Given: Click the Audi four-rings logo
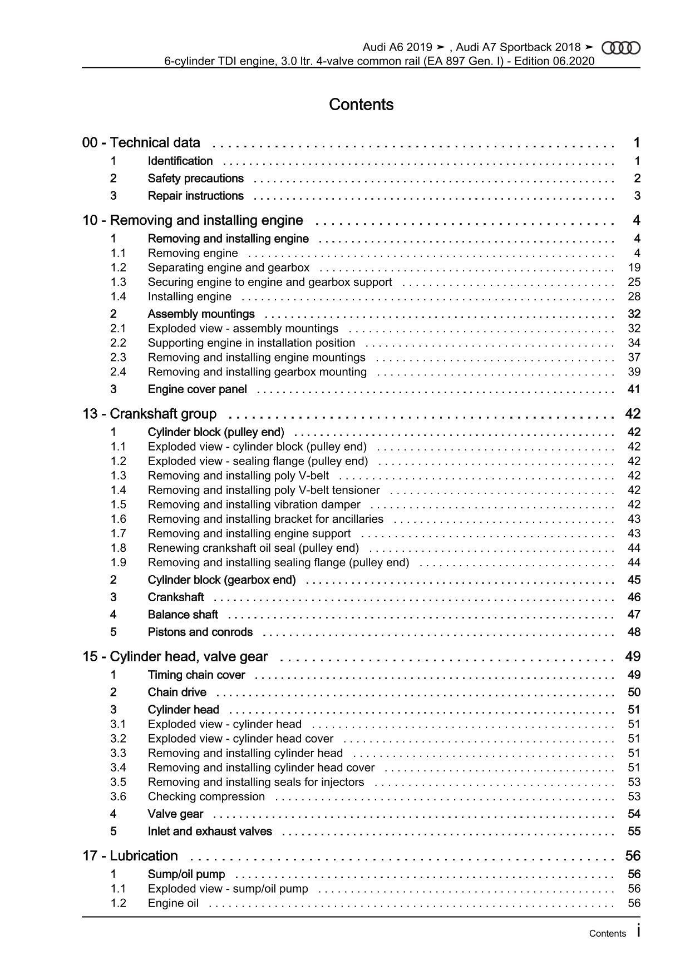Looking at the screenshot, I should coord(621,48).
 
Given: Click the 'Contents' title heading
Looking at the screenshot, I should coord(361,105).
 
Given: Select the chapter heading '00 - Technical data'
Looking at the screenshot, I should coord(141,143).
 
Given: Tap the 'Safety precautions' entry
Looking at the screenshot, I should coord(195,179).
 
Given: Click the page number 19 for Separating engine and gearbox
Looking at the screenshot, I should coord(634,268).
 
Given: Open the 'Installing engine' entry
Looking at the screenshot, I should coord(189,296).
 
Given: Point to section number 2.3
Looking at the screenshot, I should coord(118,358).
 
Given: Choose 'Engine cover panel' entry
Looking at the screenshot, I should coord(197,389).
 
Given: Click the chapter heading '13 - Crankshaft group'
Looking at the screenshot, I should coord(150,414).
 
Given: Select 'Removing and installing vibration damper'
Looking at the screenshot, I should coord(254,504).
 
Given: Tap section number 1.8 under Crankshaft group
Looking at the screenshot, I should coord(118,548).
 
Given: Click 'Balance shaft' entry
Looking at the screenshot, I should coord(183,615).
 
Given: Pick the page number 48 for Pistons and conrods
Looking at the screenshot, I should coord(634,632).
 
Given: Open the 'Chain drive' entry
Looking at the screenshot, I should coord(177,692).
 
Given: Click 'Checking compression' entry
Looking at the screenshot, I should coord(206,796).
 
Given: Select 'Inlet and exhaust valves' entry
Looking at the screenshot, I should coord(210,832).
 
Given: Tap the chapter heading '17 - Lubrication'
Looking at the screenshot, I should coord(130,856).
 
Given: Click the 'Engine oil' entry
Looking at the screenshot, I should coord(173,903).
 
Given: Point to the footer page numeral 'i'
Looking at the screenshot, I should coord(638,931).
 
